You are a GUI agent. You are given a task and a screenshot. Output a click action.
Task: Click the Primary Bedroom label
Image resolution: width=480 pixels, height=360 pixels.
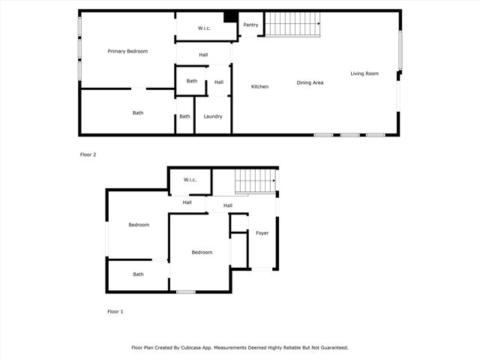click(127, 51)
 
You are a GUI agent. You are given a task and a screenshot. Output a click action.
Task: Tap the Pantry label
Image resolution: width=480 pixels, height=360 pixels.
click(250, 25)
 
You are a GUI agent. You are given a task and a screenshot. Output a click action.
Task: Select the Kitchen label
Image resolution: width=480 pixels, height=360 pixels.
click(259, 87)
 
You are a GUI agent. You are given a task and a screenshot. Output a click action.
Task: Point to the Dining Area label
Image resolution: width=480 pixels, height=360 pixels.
click(310, 82)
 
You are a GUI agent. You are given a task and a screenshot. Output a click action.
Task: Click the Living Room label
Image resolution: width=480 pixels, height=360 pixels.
click(364, 73)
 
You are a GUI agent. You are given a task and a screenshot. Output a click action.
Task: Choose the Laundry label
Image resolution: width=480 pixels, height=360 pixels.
click(212, 116)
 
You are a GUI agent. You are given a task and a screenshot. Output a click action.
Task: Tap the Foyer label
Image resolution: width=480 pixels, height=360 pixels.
click(262, 233)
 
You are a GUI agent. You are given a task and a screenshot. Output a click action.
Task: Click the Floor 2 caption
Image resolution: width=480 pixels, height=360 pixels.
click(88, 154)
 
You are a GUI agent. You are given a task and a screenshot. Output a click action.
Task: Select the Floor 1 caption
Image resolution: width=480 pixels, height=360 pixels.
click(115, 310)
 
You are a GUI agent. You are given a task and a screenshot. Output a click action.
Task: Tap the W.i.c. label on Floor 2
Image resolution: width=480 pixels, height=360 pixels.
click(205, 28)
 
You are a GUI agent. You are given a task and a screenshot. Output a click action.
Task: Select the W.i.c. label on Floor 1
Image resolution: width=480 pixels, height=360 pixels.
click(189, 179)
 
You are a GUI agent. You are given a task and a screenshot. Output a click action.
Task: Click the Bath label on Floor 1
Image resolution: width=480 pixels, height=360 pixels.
click(138, 274)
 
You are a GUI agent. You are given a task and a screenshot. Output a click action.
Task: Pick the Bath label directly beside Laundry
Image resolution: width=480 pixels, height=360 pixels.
click(184, 116)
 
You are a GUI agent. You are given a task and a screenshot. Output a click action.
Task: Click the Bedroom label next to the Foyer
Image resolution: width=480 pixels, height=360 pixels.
click(202, 253)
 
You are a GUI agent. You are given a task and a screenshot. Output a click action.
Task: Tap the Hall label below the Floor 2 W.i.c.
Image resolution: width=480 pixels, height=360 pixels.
click(203, 55)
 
